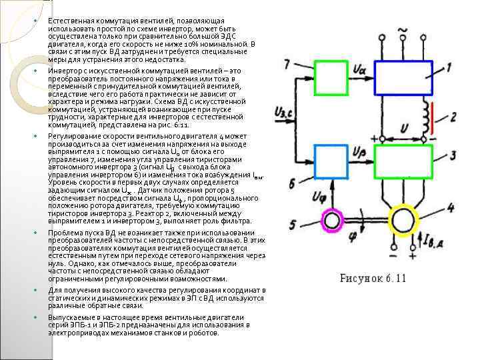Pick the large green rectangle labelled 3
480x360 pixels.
(403, 161)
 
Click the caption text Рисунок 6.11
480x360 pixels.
(372, 278)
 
